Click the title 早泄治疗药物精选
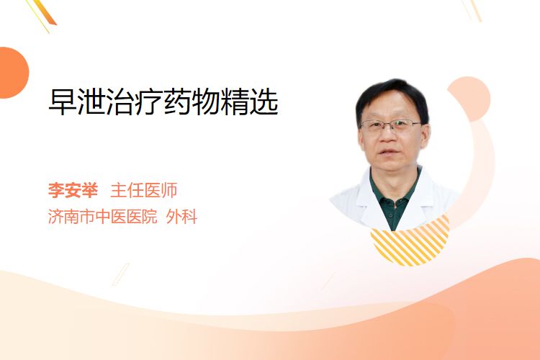(163, 102)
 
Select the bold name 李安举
(73, 190)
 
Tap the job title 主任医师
(143, 190)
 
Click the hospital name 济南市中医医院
(102, 217)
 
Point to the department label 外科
(181, 217)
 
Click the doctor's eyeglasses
(391, 126)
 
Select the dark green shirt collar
(395, 193)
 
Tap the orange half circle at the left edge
(13, 73)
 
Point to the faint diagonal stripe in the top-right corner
(472, 10)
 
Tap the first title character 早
(63, 102)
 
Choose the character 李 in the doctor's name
(56, 190)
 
